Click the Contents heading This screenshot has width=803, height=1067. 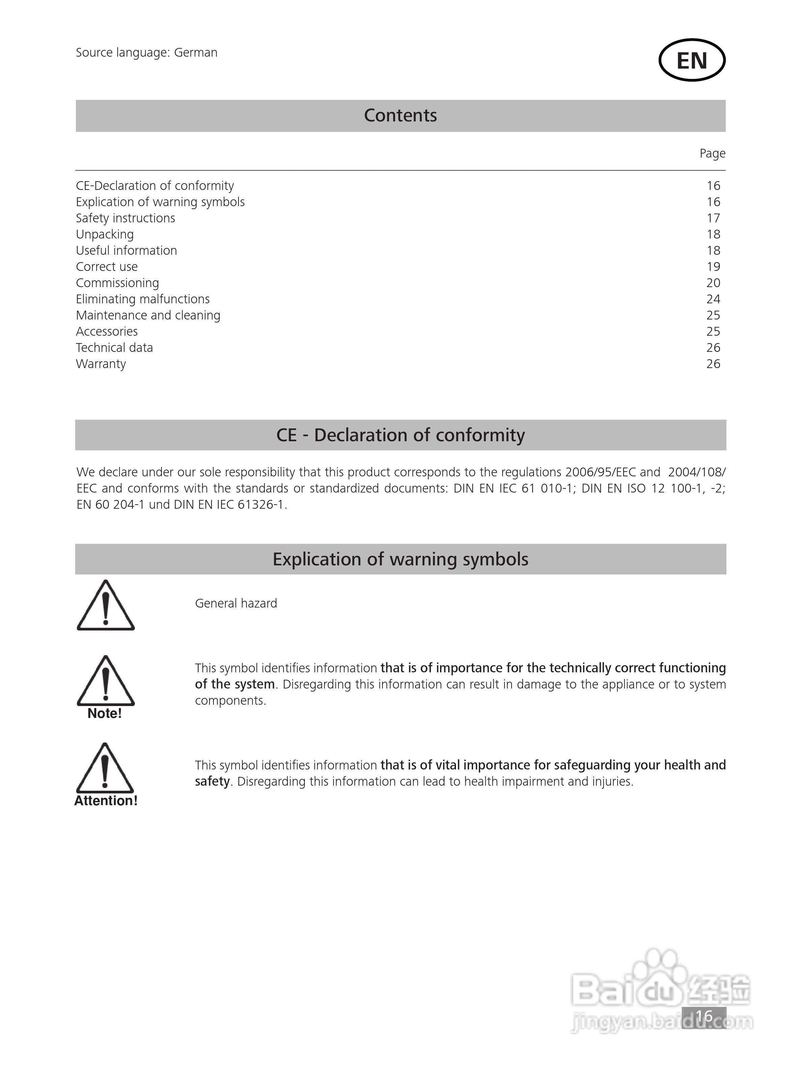(x=400, y=116)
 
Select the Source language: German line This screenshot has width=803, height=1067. (x=147, y=53)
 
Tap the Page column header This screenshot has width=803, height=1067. (x=712, y=153)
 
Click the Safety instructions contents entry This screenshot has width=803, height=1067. (x=125, y=218)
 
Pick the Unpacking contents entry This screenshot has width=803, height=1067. (x=105, y=234)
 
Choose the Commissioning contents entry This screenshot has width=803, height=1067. (x=117, y=283)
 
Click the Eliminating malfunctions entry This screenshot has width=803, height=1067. (x=143, y=299)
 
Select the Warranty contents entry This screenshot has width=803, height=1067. (x=101, y=364)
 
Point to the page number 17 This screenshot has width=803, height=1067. (x=713, y=218)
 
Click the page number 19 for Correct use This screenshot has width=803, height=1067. (x=713, y=267)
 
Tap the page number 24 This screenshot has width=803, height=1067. (x=713, y=299)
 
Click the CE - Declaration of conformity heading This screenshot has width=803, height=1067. (x=400, y=435)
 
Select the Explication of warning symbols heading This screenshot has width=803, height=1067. (x=400, y=559)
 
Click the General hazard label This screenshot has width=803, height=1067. (x=236, y=603)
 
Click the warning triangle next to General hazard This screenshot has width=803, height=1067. (x=106, y=606)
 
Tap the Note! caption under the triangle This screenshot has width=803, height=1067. (x=105, y=713)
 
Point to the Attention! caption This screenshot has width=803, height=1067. (x=106, y=801)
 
